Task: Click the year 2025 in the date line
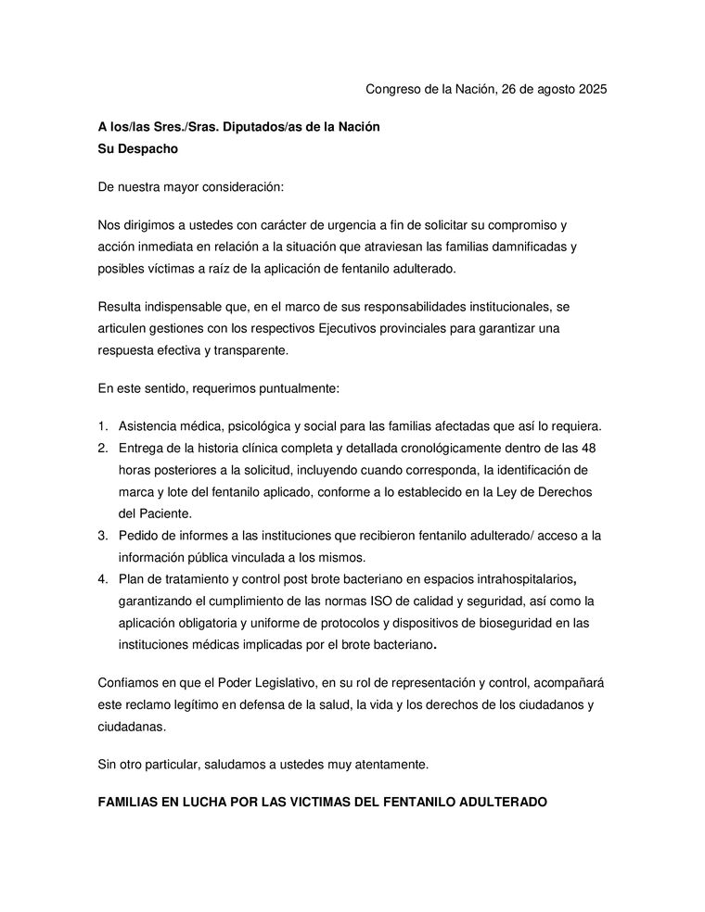pos(590,90)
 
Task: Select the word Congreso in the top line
pos(393,90)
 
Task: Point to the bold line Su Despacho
pos(137,148)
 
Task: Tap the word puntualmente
pos(294,388)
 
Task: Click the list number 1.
pos(103,426)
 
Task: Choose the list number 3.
pos(103,536)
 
